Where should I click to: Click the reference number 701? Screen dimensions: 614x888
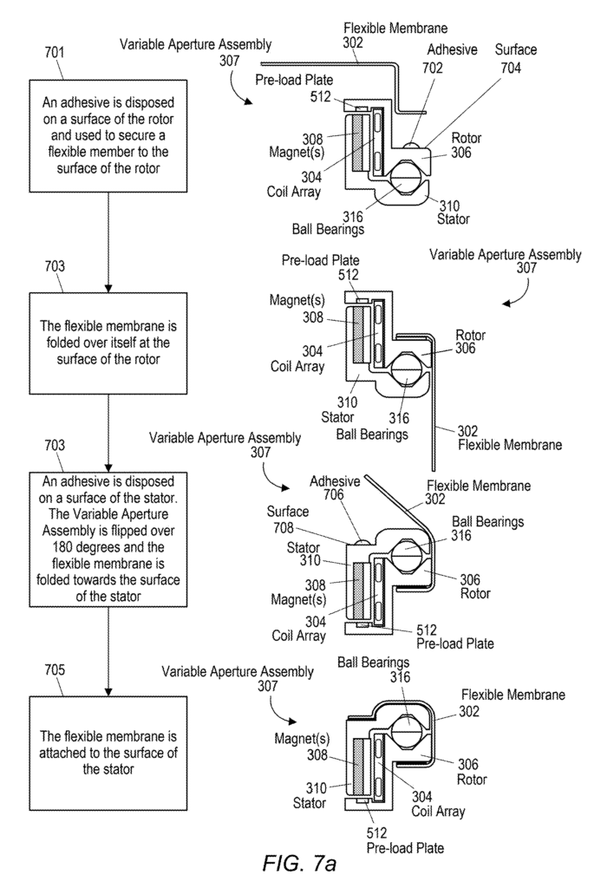point(55,53)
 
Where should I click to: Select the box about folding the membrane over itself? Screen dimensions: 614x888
point(108,343)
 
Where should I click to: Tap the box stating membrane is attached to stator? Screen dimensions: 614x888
point(108,754)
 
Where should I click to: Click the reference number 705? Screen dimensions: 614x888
point(55,670)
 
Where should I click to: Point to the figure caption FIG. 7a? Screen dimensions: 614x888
point(300,863)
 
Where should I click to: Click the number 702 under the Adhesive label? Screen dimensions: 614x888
point(433,68)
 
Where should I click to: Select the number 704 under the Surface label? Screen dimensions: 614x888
point(511,68)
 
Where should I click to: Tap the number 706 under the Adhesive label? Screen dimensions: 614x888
point(334,494)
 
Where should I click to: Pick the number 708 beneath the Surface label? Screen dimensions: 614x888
point(284,528)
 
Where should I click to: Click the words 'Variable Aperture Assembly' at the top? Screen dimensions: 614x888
point(195,44)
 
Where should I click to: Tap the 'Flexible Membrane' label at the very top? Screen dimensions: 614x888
point(395,28)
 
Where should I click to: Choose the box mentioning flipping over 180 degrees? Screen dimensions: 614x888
point(108,539)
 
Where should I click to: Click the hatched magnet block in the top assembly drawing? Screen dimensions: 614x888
point(358,142)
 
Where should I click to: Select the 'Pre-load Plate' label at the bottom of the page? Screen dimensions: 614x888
point(405,848)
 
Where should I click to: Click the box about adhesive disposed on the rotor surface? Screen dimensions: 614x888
point(108,136)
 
